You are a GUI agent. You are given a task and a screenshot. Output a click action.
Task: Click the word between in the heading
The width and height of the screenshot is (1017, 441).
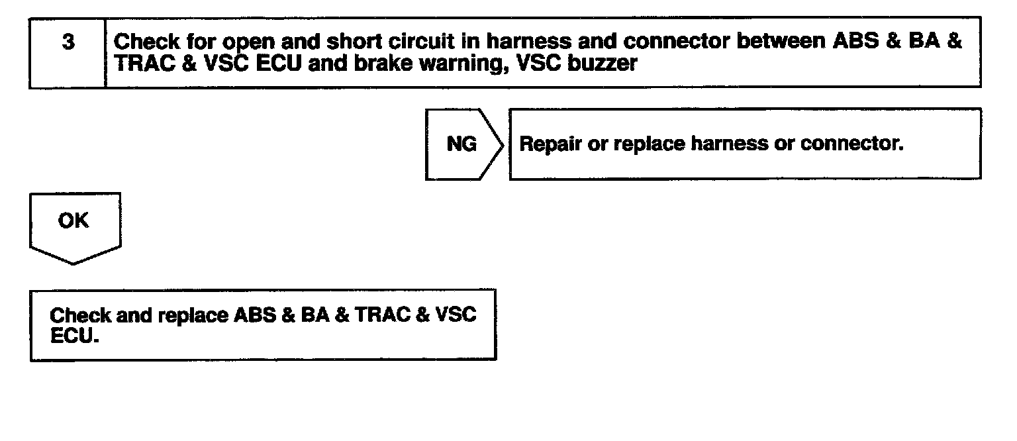[783, 42]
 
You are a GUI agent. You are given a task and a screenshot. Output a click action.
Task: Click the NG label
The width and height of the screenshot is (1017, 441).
[461, 144]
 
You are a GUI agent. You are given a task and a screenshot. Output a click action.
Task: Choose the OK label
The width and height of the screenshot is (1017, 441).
[73, 220]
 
